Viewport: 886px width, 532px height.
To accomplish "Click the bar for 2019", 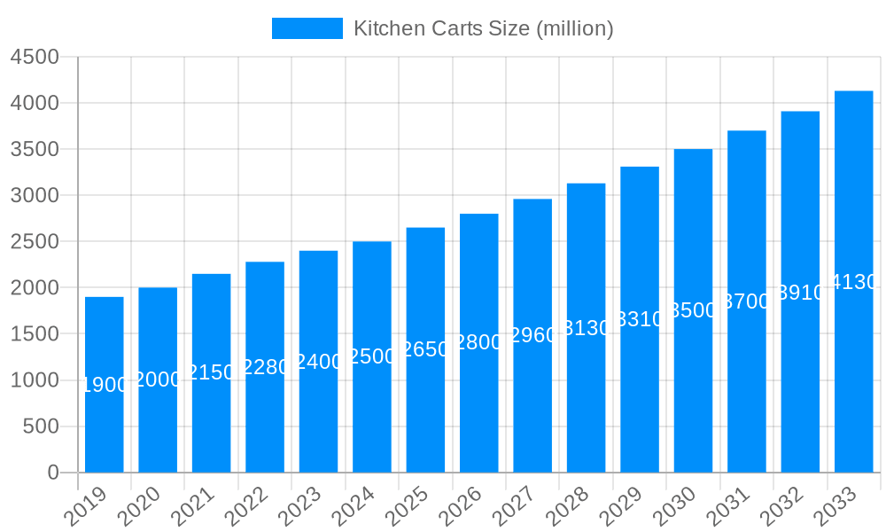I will point(105,426).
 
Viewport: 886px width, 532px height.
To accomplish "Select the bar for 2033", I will point(853,372).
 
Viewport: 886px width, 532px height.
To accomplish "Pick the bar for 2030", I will point(693,390).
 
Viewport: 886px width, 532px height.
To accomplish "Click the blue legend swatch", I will point(307,28).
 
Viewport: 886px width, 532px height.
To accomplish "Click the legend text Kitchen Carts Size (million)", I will point(483,28).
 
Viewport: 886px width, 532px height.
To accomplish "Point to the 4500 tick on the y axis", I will point(35,57).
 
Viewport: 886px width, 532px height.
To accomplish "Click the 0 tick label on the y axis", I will point(53,473).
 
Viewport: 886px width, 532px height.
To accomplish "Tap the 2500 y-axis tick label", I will point(35,241).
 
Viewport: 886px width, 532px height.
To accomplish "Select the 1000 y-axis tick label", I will point(35,380).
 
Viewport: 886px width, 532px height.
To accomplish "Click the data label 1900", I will point(105,385).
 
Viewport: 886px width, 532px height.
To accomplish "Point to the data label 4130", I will point(853,282).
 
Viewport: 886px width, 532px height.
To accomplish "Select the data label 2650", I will point(425,349).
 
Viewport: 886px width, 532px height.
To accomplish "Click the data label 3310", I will point(640,319).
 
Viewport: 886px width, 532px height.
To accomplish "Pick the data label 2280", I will point(265,367).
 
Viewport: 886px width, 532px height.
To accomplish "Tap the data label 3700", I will point(747,301).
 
